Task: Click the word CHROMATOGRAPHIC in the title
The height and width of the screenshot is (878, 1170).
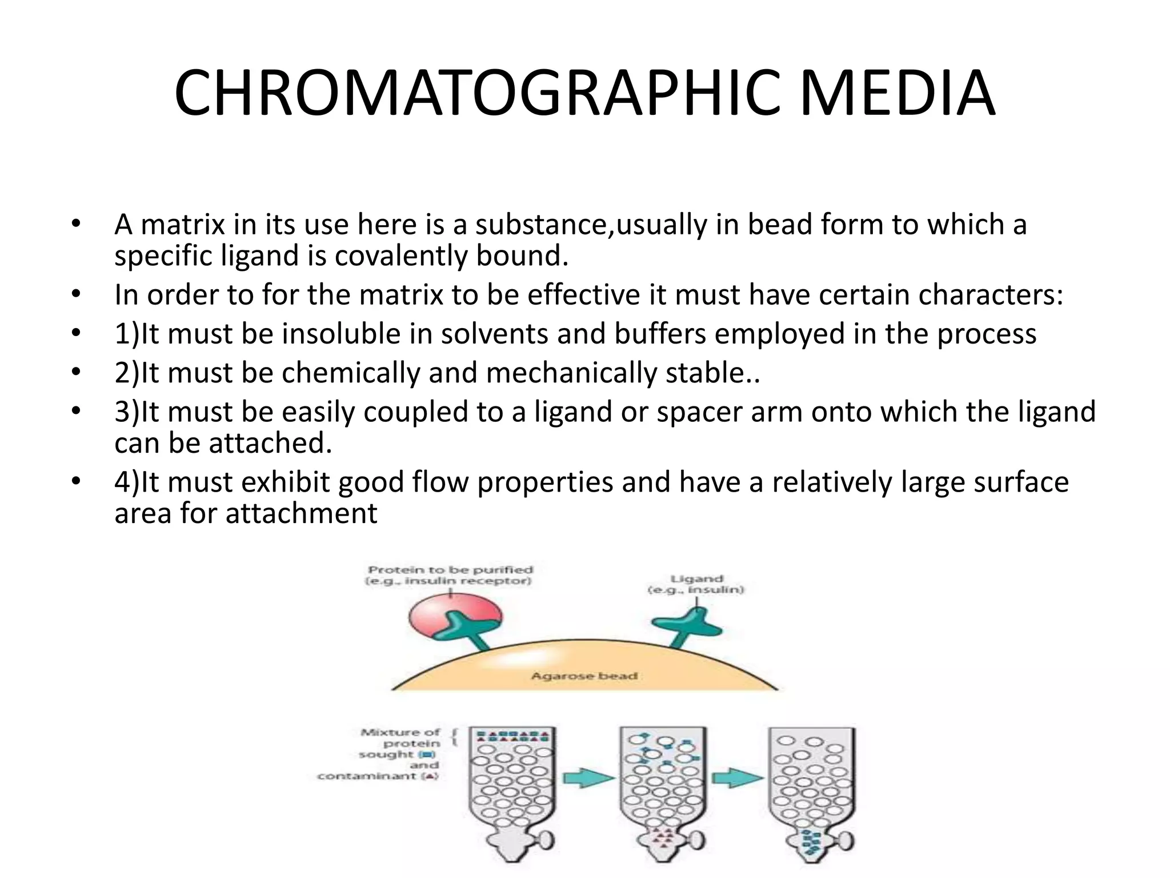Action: [476, 94]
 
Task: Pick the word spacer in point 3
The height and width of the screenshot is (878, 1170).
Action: [699, 412]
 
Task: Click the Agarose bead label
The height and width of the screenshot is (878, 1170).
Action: [584, 676]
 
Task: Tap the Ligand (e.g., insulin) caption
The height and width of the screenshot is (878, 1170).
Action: [696, 584]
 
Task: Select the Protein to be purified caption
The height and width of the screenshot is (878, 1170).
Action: [450, 575]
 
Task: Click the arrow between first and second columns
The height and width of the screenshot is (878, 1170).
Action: [588, 778]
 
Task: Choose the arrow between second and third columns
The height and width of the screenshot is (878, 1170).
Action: [738, 778]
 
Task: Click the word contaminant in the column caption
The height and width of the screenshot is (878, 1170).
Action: [367, 776]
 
